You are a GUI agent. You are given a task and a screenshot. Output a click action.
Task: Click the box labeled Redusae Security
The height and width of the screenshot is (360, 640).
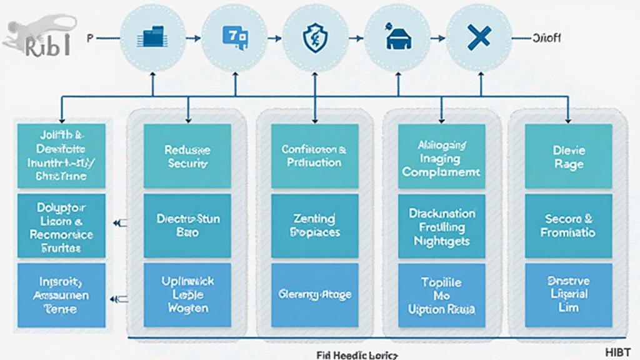click(x=187, y=156)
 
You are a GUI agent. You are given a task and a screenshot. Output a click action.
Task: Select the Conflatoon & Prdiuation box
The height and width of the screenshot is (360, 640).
click(x=314, y=156)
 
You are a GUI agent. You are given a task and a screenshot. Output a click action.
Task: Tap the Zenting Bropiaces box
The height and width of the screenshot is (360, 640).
click(x=314, y=225)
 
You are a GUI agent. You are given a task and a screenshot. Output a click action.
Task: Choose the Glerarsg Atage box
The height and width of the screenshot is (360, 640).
click(x=314, y=294)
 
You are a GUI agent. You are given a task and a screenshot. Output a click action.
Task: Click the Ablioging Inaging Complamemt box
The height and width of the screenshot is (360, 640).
click(x=441, y=156)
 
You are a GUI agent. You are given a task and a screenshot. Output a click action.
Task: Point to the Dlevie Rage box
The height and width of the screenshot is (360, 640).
click(x=568, y=156)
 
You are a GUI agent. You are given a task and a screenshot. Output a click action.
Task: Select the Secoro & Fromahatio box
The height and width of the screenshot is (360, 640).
click(x=568, y=225)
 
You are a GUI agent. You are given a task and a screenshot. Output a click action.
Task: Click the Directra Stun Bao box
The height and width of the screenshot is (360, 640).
click(x=187, y=225)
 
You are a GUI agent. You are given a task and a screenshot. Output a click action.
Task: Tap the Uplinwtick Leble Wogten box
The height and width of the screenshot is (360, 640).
click(x=187, y=294)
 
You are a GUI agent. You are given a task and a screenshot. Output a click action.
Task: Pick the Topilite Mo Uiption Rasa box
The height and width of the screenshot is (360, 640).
click(x=441, y=294)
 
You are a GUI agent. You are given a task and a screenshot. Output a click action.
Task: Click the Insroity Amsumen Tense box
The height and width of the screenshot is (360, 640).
click(x=61, y=294)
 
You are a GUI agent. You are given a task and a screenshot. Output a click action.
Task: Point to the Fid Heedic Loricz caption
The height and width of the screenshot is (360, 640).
click(x=349, y=354)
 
